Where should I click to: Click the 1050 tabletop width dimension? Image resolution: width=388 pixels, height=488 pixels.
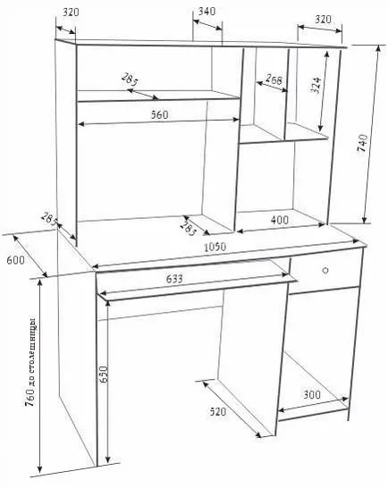(x=215, y=247)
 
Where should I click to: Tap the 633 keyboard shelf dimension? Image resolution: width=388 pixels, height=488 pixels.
(x=174, y=279)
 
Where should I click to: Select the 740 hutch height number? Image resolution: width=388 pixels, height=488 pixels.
(x=362, y=143)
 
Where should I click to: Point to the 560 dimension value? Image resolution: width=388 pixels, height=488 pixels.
(x=159, y=114)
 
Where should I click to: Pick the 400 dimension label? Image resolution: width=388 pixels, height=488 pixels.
(x=280, y=220)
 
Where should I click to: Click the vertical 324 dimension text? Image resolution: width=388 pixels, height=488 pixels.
(x=316, y=85)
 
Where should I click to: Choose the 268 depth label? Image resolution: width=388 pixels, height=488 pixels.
(x=274, y=80)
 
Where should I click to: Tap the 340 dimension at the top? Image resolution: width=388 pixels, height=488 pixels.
(x=207, y=12)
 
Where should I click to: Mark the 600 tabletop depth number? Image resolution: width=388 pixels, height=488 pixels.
(x=15, y=259)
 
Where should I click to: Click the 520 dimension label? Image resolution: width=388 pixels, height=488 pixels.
(x=217, y=412)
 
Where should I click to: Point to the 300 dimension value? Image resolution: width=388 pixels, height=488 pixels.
(x=312, y=395)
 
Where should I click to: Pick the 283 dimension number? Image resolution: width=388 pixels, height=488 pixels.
(x=189, y=230)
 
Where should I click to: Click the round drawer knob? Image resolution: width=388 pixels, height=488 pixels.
(x=325, y=270)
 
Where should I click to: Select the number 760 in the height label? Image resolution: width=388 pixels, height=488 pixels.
(x=30, y=398)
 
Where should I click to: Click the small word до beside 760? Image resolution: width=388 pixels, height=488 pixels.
(x=32, y=382)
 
